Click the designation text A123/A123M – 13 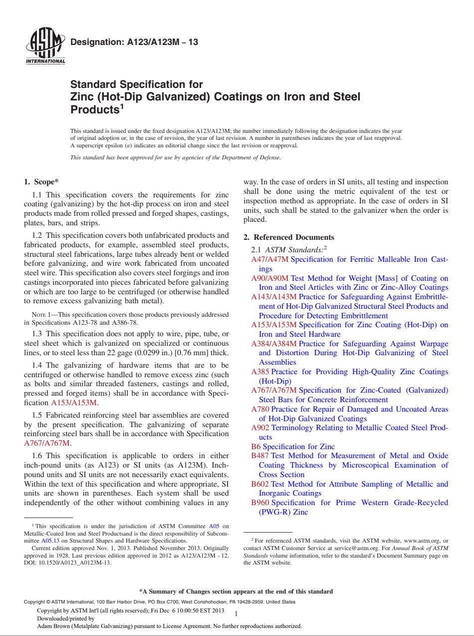pos(134,42)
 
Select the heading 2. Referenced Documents pos(288,237)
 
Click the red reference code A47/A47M pos(270,259)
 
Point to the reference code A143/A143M pos(273,297)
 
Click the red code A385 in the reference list pos(260,372)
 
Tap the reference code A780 pos(260,409)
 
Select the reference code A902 pos(260,428)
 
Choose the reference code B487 pos(260,456)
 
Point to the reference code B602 pos(260,484)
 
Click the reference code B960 pos(260,503)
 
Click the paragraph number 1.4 pos(37,366)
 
